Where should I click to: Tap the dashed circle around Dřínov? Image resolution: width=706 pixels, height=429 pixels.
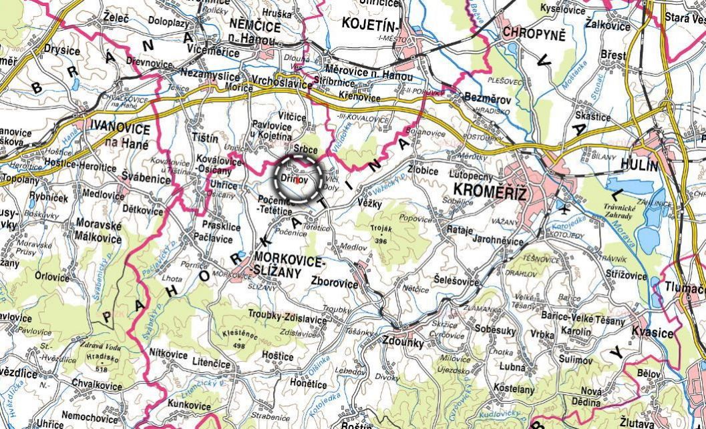tap(299, 179)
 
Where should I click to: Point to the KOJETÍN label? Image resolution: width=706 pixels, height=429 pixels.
tap(369, 23)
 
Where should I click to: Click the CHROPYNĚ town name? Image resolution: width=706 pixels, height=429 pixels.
tap(534, 32)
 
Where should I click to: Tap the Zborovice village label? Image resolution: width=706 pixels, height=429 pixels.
tap(335, 282)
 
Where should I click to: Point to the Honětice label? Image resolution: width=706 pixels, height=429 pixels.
tap(309, 384)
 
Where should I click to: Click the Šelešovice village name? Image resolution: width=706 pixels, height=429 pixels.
tap(456, 281)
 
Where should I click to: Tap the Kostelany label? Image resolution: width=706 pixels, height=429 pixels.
tap(514, 388)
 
